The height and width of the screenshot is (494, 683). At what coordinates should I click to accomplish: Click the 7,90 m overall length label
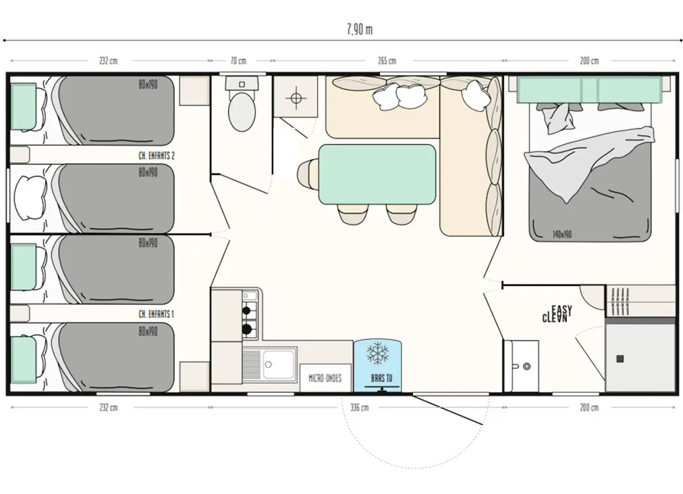click(360, 29)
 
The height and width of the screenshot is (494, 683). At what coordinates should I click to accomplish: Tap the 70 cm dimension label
click(238, 61)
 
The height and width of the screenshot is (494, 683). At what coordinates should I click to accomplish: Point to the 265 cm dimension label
click(387, 61)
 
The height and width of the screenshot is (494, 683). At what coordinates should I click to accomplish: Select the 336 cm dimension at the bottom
click(360, 408)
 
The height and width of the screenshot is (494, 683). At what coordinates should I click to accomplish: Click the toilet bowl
click(242, 112)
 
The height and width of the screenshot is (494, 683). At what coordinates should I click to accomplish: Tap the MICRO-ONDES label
click(325, 378)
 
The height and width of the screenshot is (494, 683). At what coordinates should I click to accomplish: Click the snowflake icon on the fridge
click(378, 353)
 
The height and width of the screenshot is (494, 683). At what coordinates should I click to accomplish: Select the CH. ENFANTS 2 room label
click(156, 155)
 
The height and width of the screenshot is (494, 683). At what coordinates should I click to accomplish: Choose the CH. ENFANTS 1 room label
click(156, 314)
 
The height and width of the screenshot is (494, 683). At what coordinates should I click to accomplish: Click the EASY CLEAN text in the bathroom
click(557, 314)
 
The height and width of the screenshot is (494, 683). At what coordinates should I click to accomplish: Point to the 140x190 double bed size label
click(562, 235)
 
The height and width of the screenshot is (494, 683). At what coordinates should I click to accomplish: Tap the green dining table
click(378, 174)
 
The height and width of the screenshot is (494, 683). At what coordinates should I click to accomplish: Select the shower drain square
click(620, 359)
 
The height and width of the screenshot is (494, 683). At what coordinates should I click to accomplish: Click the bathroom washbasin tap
click(526, 367)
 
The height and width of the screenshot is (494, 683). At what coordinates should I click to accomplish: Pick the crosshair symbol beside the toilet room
click(296, 97)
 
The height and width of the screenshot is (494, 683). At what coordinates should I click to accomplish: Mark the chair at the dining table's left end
click(308, 173)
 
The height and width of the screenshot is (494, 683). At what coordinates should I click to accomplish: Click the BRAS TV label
click(382, 378)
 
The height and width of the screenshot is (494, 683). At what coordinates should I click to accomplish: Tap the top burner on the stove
click(246, 310)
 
